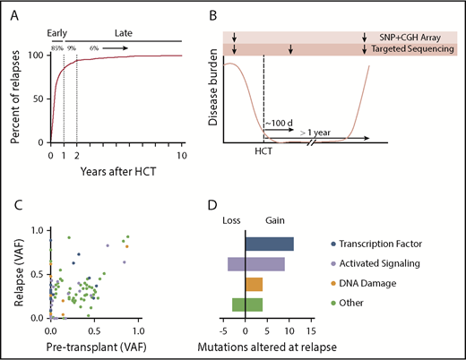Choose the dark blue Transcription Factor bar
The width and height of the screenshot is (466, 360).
point(269,244)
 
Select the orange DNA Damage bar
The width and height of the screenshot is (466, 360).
point(254,284)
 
